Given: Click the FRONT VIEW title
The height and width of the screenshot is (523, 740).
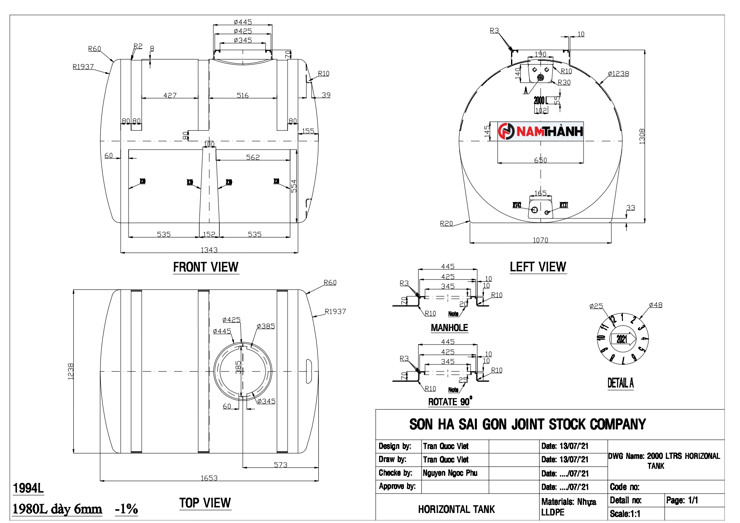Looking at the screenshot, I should pyautogui.click(x=206, y=267).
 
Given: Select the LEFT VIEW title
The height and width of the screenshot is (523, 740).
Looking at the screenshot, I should pyautogui.click(x=538, y=267).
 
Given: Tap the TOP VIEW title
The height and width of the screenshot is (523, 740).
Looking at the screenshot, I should pyautogui.click(x=205, y=503).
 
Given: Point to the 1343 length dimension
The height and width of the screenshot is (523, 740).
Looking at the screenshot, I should pyautogui.click(x=209, y=250).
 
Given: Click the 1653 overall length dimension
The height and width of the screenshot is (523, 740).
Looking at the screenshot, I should pyautogui.click(x=209, y=478).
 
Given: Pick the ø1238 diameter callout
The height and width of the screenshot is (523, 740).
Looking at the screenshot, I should pyautogui.click(x=618, y=74).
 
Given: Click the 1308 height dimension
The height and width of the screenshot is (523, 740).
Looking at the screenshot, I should pyautogui.click(x=642, y=136).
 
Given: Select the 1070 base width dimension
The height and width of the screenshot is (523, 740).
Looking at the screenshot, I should pyautogui.click(x=540, y=240).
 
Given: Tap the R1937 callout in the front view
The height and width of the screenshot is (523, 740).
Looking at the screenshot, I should pyautogui.click(x=83, y=67).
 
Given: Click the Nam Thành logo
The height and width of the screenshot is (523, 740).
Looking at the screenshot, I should pyautogui.click(x=540, y=131).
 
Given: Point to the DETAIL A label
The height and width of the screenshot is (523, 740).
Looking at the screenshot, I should pyautogui.click(x=620, y=383).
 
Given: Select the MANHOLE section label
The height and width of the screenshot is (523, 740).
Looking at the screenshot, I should pyautogui.click(x=449, y=328).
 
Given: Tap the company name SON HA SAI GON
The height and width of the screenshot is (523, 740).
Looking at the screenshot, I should pyautogui.click(x=527, y=424).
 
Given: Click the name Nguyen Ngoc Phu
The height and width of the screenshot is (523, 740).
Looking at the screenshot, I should pyautogui.click(x=450, y=473).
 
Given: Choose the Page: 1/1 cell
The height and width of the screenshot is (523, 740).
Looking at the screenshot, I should pyautogui.click(x=682, y=500).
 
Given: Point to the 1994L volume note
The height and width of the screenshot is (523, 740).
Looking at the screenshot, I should pyautogui.click(x=28, y=488).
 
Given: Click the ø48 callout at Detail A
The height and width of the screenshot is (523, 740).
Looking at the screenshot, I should pyautogui.click(x=656, y=305).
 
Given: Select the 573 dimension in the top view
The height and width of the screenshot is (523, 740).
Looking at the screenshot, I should pyautogui.click(x=280, y=464).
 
